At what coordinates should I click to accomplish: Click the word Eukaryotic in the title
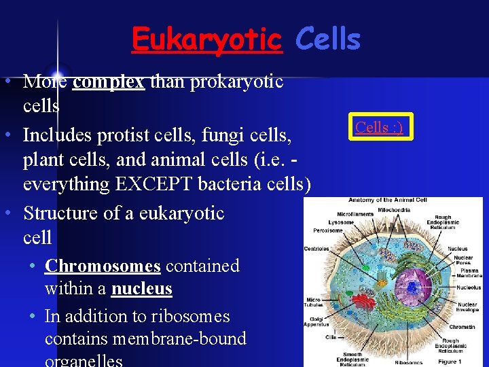tap(206, 39)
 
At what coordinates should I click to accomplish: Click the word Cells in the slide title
tap(328, 39)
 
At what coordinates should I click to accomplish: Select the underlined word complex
tap(108, 82)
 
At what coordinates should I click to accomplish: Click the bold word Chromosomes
tap(103, 265)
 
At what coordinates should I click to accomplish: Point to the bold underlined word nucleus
tap(141, 289)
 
